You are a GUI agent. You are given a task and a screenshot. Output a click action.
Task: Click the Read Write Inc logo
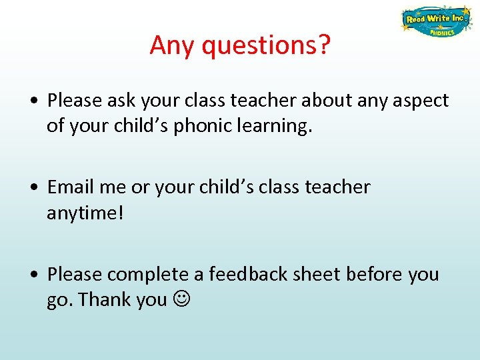click(x=435, y=21)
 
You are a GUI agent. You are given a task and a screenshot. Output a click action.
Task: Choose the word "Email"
click(x=71, y=187)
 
